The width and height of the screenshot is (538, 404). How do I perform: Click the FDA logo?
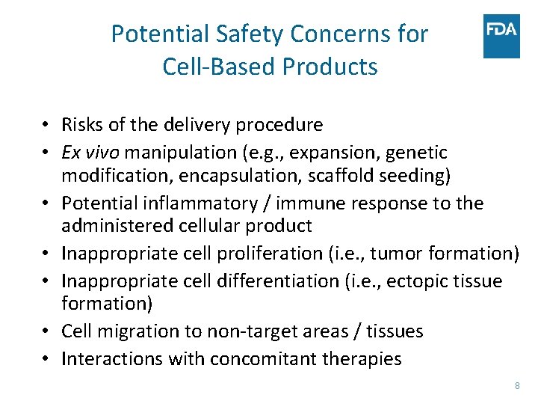point(501,36)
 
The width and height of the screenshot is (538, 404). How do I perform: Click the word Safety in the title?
point(250,34)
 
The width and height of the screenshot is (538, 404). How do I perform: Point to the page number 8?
point(517,385)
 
